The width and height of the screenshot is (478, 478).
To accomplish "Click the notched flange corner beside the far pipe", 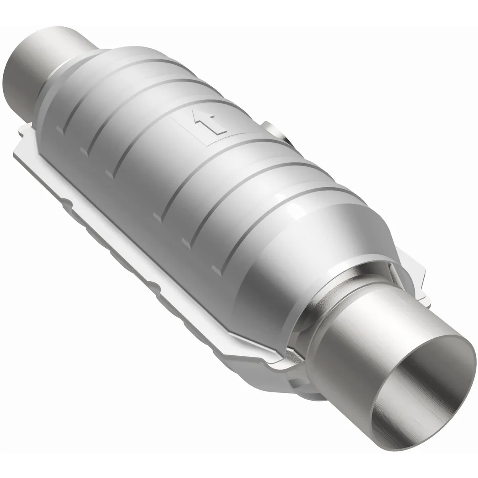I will click(24, 135).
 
